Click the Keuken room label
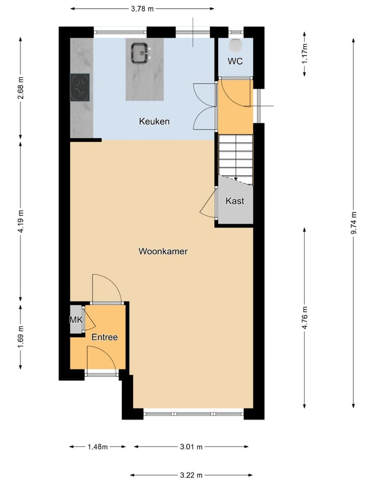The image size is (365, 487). [154, 122]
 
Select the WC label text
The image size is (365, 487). [235, 61]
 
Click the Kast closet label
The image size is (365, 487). [235, 201]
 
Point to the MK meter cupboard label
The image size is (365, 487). [76, 320]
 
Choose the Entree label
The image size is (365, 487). [104, 337]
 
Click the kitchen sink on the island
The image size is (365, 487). [141, 53]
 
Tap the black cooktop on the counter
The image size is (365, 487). [80, 87]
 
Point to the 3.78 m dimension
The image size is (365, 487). [142, 9]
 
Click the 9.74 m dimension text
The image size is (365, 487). [354, 222]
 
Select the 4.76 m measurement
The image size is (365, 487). [304, 318]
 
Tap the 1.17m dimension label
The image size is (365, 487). [304, 53]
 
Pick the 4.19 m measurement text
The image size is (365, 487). [20, 221]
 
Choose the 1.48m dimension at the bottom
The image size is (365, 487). [97, 446]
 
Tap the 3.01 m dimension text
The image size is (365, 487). [192, 446]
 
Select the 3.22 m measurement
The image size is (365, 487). [192, 475]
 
